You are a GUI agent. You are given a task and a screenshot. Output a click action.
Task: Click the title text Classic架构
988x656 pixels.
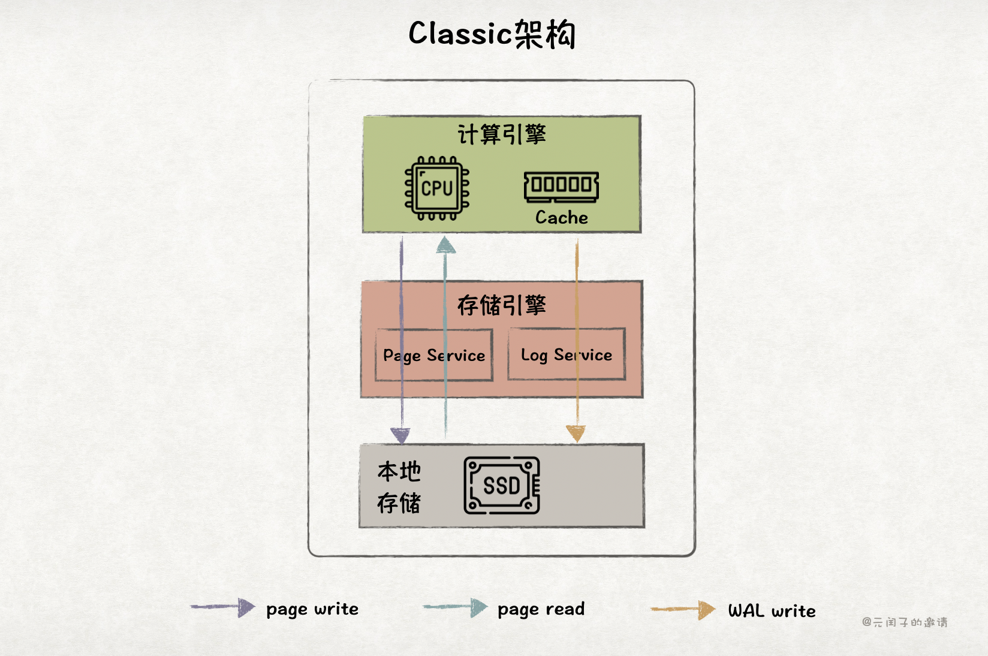coord(492,34)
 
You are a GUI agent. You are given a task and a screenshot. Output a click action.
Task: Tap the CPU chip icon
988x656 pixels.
coord(437,188)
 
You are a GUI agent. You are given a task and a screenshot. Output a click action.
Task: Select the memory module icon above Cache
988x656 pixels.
coord(561,186)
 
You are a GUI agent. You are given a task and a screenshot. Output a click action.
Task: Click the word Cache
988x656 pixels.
coord(562,217)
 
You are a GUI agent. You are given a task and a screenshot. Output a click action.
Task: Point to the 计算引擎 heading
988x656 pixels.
coord(502,134)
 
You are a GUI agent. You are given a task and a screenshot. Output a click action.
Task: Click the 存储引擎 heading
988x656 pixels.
coord(502,305)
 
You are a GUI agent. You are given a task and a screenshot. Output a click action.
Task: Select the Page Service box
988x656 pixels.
coord(434,355)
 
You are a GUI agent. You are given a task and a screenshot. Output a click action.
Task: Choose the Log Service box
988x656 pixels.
coord(567,354)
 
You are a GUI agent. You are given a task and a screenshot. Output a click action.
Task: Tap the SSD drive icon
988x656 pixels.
coord(502,485)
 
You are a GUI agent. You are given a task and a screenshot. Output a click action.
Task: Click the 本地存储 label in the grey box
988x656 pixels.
coord(399,487)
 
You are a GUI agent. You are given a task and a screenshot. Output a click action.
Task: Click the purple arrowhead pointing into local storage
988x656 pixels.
coord(400,435)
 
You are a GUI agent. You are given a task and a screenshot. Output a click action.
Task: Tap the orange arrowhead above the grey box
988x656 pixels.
coord(576,434)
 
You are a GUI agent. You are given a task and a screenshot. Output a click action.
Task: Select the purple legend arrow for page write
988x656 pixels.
coord(223,607)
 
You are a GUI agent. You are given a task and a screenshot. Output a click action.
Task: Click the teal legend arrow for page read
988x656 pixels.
coord(456,607)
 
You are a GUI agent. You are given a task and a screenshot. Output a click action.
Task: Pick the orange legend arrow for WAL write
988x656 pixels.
coord(683,610)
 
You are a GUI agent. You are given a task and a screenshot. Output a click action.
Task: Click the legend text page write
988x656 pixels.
coord(312,609)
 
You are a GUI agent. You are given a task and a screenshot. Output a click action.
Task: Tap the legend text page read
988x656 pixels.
coord(541,609)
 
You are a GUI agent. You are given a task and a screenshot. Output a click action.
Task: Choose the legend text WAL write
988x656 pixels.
coord(772,611)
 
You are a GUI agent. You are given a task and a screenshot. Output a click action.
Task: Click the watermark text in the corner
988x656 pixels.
coord(905,622)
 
